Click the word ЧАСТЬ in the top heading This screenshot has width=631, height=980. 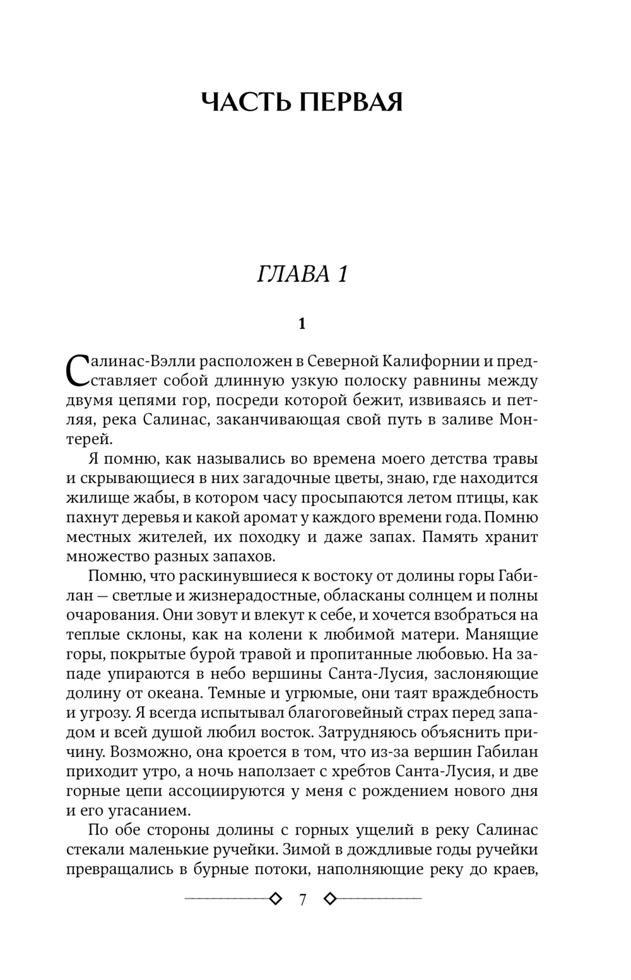pos(246,102)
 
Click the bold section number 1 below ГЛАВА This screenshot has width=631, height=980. pos(302,324)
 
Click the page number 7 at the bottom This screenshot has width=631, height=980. pos(302,900)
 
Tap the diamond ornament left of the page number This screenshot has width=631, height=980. pos(274,899)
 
